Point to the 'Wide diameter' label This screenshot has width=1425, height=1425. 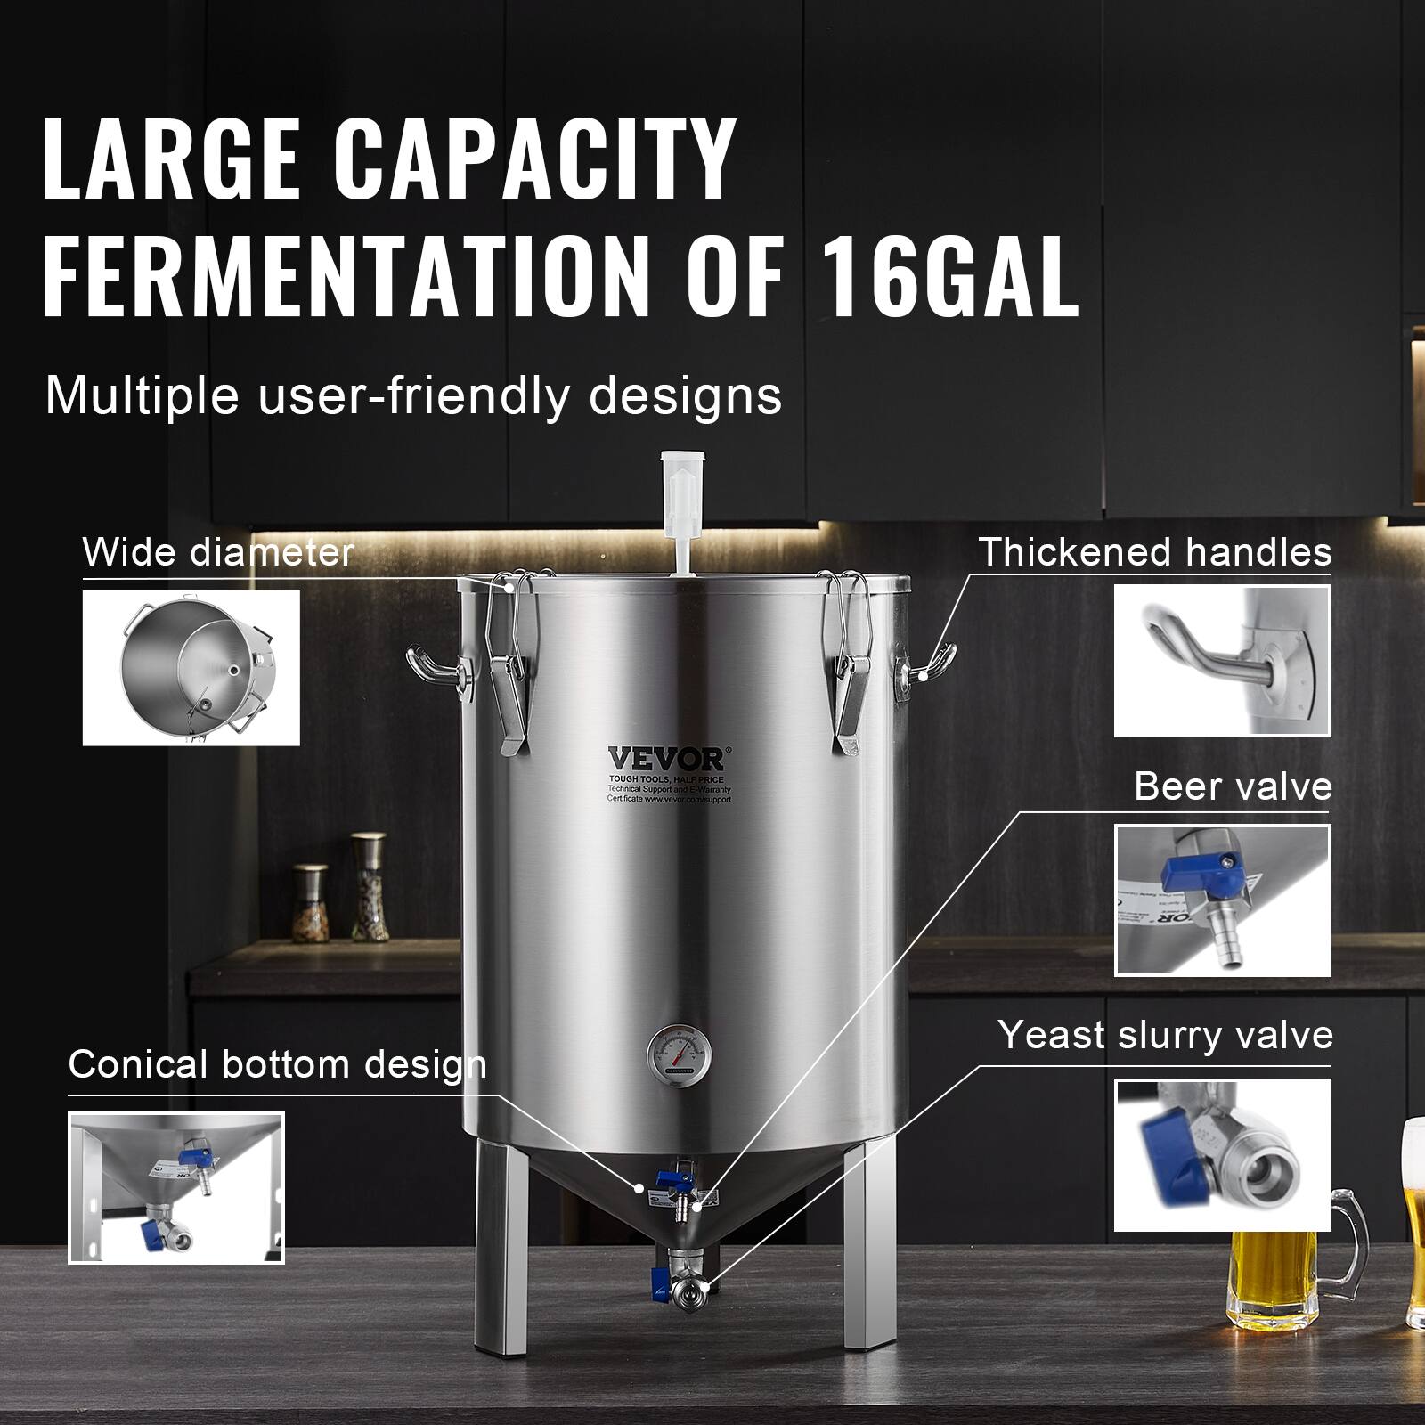[x=218, y=552]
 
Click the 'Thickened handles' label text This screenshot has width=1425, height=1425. [x=1155, y=552]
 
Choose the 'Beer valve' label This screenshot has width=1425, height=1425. [x=1233, y=787]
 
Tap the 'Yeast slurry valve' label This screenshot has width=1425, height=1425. [x=1165, y=1035]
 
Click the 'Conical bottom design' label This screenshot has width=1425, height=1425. [x=277, y=1064]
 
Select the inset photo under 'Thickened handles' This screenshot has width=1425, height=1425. [x=1222, y=661]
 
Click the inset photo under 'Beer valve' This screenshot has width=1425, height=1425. [x=1222, y=900]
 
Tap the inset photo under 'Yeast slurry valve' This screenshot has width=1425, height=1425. [x=1222, y=1154]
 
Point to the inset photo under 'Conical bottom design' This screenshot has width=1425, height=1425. [x=176, y=1187]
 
